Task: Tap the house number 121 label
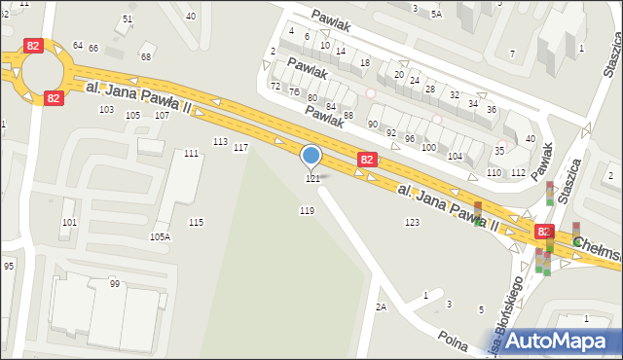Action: (x=312, y=179)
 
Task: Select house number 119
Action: (x=307, y=210)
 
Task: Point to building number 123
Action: (x=412, y=223)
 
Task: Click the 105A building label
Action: (x=160, y=236)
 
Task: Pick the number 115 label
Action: (x=196, y=223)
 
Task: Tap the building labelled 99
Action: (x=115, y=283)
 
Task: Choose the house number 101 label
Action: (x=69, y=223)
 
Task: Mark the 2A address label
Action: (x=381, y=306)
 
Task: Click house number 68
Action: (x=146, y=56)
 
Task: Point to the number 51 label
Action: (x=128, y=19)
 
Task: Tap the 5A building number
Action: (x=436, y=15)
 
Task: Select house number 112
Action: (x=518, y=172)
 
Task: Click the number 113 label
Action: (x=220, y=142)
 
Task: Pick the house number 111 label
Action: (x=191, y=154)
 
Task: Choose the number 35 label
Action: (x=499, y=151)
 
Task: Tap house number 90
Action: (x=373, y=124)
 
